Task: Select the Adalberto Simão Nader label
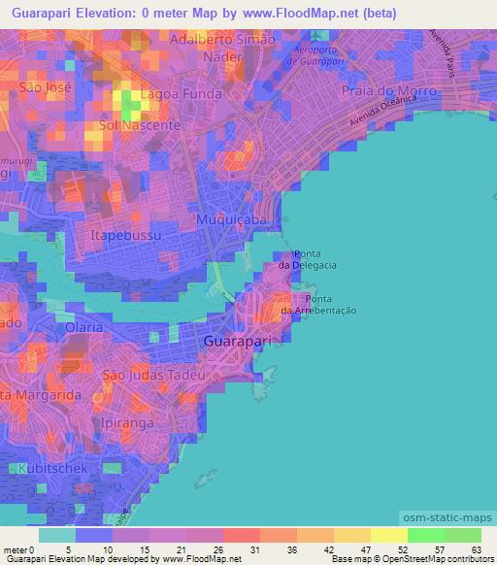[222, 49]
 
